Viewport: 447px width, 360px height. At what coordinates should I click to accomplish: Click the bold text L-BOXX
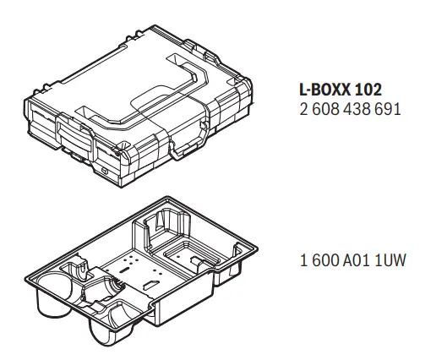324,90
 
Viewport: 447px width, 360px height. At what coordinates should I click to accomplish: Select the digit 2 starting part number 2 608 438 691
304,109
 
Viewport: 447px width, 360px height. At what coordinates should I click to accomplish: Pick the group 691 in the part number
387,109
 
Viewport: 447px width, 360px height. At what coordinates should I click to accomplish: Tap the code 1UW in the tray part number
390,260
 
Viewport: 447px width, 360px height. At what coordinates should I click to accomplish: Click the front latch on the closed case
74,134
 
